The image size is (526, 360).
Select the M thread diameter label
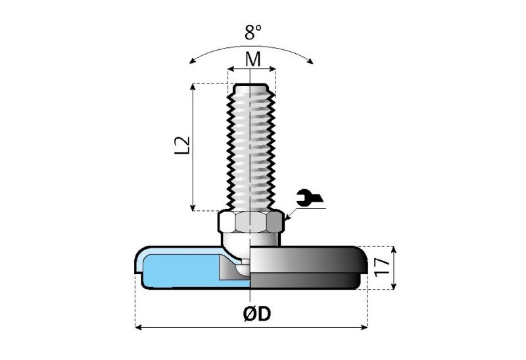pos(252,59)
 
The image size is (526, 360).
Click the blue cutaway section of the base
pos(178,269)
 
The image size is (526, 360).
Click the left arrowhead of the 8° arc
pos(191,61)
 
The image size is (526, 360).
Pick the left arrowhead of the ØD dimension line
pos(138,326)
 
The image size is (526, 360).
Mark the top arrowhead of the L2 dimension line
pos(193,87)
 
